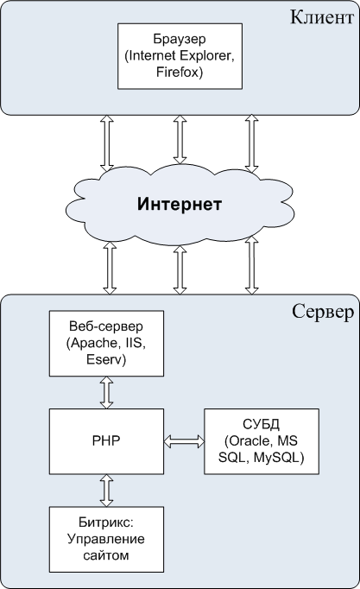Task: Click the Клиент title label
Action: (322, 17)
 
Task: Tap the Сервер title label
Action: (323, 312)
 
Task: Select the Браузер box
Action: (180, 56)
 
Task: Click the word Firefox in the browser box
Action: (180, 72)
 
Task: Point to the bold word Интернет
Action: (180, 204)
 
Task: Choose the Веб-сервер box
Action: (106, 344)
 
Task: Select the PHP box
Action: (106, 441)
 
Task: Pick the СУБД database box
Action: (262, 441)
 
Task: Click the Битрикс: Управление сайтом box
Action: (106, 540)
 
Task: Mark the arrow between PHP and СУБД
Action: (184, 441)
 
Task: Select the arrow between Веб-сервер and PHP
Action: (106, 393)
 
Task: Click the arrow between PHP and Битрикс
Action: (106, 491)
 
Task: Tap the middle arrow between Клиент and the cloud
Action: (180, 139)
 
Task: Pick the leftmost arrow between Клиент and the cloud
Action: (106, 142)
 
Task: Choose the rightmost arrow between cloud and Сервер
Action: (252, 265)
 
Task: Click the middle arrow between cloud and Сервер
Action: (180, 269)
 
